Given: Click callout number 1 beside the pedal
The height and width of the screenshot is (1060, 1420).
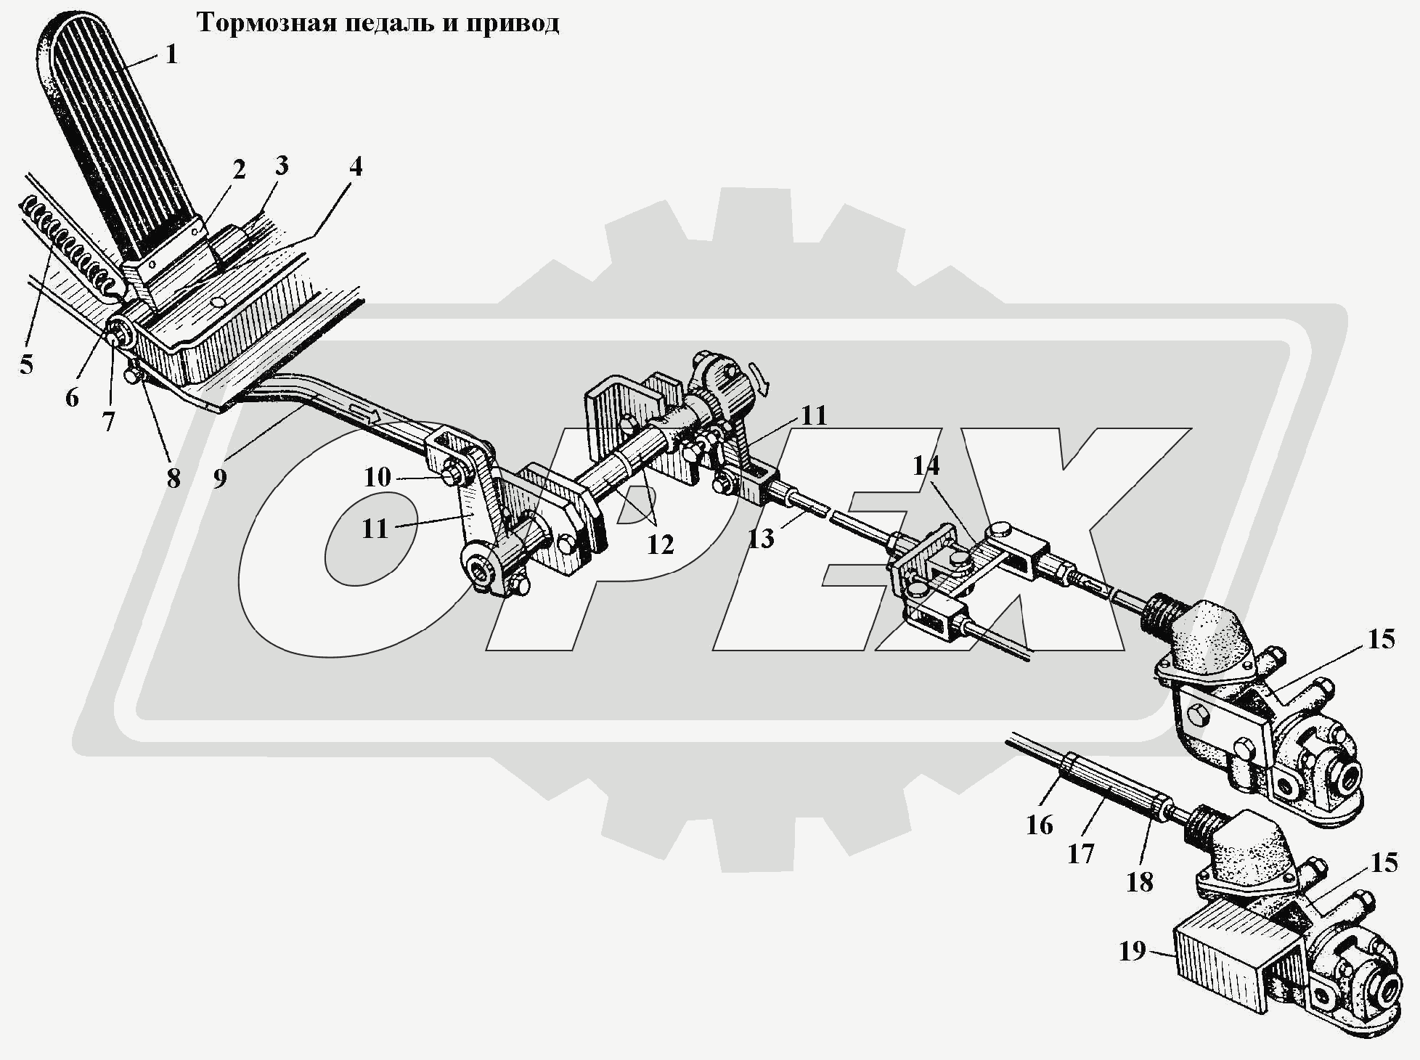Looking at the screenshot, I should point(171,54).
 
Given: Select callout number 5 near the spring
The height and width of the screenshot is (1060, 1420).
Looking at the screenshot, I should point(26,364).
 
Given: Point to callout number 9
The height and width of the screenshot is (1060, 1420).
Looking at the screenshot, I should point(220,478).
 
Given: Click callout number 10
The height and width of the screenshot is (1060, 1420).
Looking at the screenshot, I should point(378,477).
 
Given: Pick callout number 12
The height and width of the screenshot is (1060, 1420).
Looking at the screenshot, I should point(660,544).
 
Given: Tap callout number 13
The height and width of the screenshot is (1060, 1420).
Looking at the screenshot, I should point(761,538).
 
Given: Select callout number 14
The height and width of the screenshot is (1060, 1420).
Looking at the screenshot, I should point(926,465).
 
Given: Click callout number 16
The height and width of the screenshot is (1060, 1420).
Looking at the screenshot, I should point(1040,825).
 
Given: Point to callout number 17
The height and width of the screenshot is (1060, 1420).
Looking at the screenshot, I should point(1080,853).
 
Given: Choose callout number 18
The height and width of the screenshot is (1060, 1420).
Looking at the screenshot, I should point(1139,882).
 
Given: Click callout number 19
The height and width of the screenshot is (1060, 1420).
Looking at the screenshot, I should point(1132,950).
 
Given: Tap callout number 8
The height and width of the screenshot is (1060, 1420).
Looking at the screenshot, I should point(173,478).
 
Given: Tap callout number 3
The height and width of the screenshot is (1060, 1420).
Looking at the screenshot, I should point(281,166).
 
